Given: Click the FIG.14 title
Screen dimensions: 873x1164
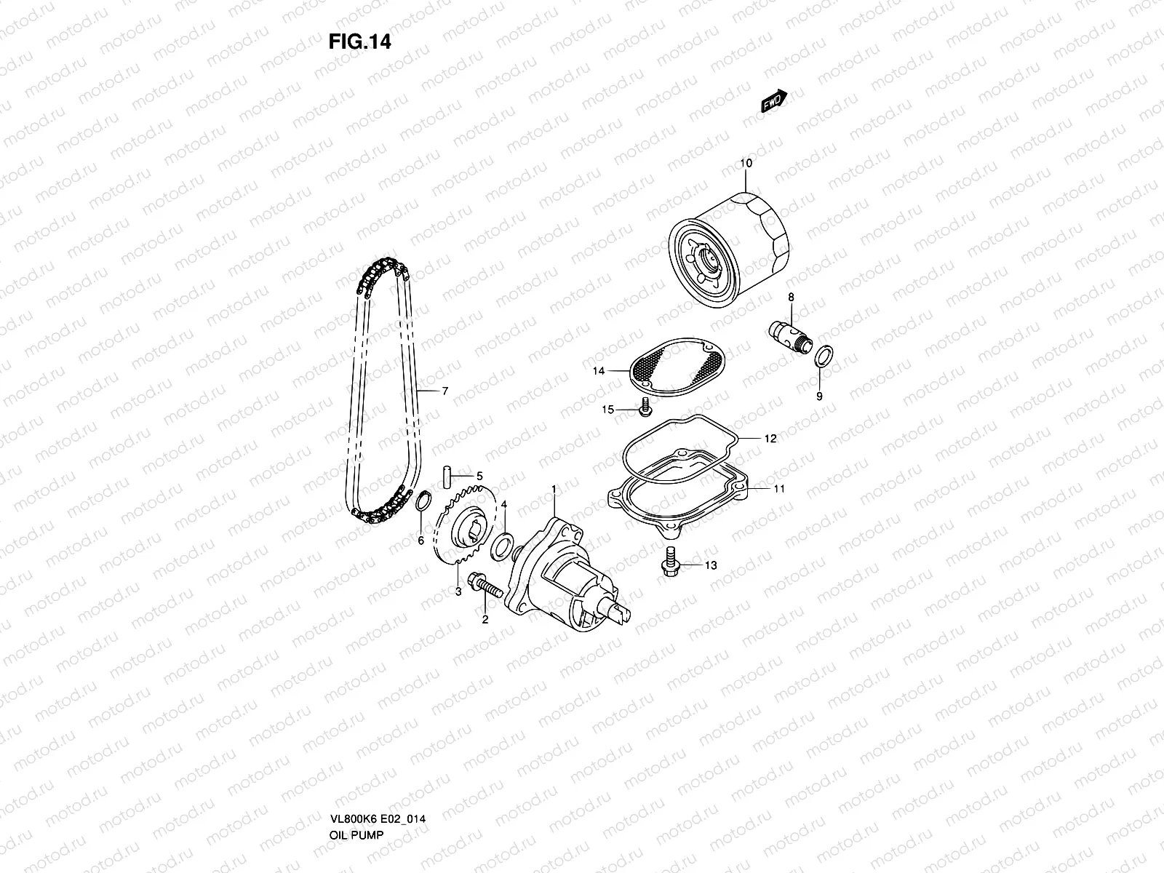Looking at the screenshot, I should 359,42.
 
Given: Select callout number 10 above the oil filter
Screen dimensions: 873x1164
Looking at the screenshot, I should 746,163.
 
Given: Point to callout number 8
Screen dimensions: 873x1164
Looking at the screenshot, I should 791,297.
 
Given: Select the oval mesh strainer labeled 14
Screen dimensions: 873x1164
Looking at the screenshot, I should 678,361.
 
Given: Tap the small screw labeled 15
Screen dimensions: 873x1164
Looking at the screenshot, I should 643,410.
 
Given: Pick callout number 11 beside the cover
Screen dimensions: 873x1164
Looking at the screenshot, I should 779,489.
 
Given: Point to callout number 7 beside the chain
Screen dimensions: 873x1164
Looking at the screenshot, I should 445,391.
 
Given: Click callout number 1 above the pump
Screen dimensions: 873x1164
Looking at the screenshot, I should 554,488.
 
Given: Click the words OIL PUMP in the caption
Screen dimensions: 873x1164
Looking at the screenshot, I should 355,794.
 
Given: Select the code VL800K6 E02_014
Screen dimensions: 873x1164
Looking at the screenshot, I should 378,778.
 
